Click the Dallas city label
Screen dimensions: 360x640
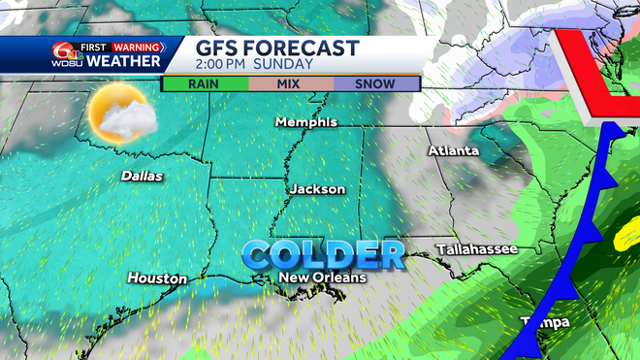point(142,177)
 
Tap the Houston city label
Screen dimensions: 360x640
point(157,278)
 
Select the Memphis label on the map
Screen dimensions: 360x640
point(305,122)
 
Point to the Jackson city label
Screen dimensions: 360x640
point(317,189)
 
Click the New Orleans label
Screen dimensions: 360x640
point(323,278)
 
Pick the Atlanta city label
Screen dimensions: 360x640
point(454,151)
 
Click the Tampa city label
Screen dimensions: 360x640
point(544,321)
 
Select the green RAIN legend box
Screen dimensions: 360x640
point(205,83)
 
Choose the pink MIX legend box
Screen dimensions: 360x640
point(290,83)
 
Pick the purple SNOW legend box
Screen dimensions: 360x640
point(375,83)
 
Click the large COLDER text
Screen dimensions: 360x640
point(323,255)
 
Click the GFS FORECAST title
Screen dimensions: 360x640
point(277,49)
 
